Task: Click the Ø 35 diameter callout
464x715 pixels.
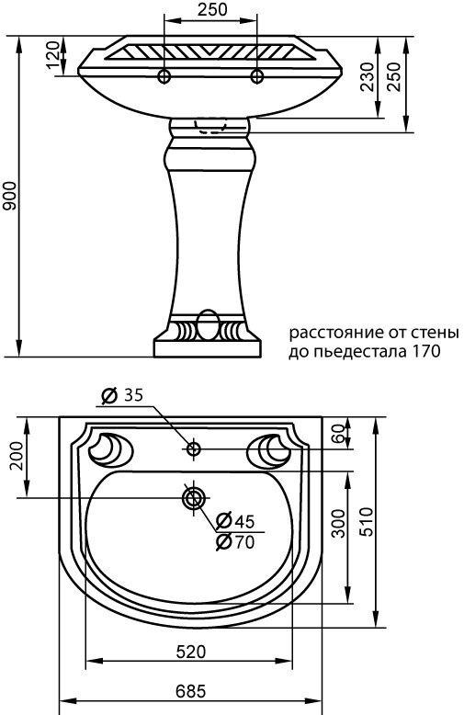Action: tap(120, 396)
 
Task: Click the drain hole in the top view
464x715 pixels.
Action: tap(193, 498)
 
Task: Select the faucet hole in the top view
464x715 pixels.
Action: tap(193, 449)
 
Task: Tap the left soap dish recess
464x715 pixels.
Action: tap(111, 448)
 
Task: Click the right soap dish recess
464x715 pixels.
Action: tap(274, 448)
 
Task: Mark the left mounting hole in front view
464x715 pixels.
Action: tap(165, 75)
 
